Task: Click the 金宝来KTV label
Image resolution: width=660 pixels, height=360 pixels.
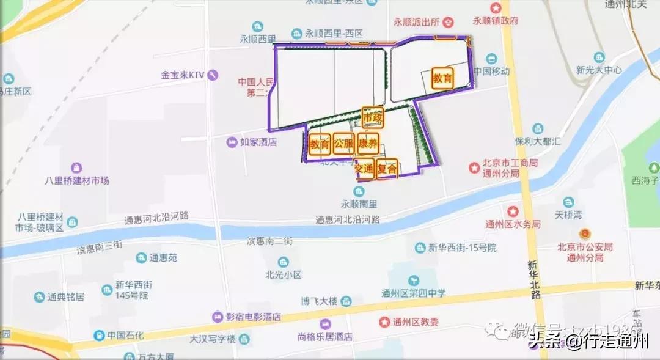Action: click(x=182, y=75)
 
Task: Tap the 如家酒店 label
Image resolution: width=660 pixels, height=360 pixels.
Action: click(x=258, y=142)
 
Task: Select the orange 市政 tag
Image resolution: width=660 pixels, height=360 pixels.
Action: click(x=372, y=117)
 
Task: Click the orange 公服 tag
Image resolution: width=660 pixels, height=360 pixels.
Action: click(x=343, y=145)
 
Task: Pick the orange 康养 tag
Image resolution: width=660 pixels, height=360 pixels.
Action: click(x=367, y=145)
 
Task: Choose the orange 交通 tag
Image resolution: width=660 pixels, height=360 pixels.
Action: click(x=364, y=168)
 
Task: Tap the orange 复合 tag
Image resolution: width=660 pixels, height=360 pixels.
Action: click(x=387, y=168)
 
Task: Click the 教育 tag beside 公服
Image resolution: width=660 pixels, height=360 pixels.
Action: click(x=320, y=145)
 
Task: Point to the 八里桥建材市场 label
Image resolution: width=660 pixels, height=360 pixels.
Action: click(x=77, y=180)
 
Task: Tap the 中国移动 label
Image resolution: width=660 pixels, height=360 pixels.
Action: click(x=491, y=72)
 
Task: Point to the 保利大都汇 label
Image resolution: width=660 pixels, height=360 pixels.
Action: click(x=538, y=141)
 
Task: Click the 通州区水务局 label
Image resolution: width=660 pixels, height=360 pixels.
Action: click(x=513, y=224)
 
